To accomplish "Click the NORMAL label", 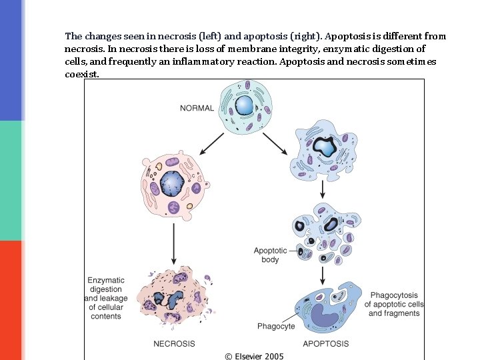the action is point(197,108).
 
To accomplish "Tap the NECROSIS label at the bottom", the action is point(174,344).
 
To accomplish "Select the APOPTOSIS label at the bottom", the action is point(325,344).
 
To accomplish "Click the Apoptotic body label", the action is point(270,255).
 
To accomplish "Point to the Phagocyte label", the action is point(276,327).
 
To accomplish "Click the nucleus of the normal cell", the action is point(245,105).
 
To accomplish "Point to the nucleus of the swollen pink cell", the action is point(171,183).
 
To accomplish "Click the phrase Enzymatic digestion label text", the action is point(105,285).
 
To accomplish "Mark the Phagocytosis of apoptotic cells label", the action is point(394,304).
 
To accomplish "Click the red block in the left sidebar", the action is point(11,300).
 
